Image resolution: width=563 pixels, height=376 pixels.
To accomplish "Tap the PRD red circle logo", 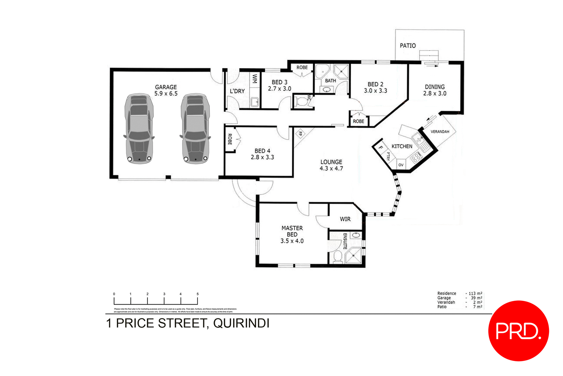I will click(x=518, y=331).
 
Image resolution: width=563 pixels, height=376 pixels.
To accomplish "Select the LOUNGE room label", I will click(x=331, y=162).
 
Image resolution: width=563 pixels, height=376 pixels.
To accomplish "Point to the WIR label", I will click(x=345, y=219).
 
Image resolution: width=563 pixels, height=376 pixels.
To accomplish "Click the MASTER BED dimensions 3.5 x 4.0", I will click(x=292, y=241).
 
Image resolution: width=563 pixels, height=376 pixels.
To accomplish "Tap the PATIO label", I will click(x=408, y=45).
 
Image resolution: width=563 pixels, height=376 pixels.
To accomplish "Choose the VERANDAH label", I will click(x=440, y=132).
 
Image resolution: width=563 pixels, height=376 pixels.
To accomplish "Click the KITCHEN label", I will click(x=402, y=146).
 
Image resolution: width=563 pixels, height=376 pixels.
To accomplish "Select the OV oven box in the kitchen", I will click(x=401, y=165).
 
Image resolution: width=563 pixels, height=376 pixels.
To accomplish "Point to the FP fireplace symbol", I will click(x=300, y=134).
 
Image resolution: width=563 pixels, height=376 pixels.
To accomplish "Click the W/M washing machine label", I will click(x=255, y=79).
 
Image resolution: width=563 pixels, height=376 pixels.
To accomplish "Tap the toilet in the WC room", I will click(x=301, y=102).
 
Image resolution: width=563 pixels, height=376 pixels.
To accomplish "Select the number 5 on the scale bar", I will click(x=197, y=294).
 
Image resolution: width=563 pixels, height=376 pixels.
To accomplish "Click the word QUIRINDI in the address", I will click(x=241, y=323).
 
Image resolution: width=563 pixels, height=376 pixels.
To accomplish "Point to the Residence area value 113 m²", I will click(x=475, y=293).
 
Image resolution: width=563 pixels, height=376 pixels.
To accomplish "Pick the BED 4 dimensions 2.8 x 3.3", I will click(x=262, y=157).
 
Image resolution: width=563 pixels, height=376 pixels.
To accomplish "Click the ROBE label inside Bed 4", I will click(x=230, y=139).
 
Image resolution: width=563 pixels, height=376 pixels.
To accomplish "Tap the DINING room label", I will click(x=435, y=87).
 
